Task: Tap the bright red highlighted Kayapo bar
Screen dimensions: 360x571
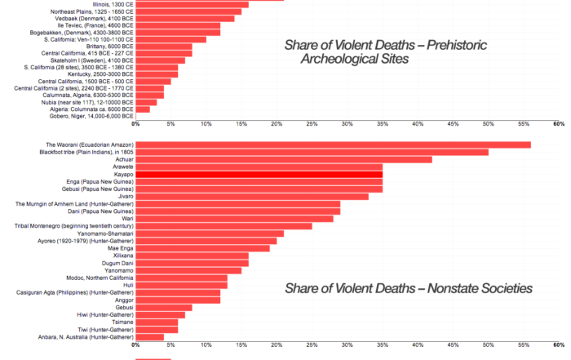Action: tap(259, 174)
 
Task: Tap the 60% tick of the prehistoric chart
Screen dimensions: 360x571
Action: tap(558, 124)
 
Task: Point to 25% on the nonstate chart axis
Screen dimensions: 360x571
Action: tap(312, 344)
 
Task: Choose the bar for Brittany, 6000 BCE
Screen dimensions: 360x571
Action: tap(163, 47)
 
